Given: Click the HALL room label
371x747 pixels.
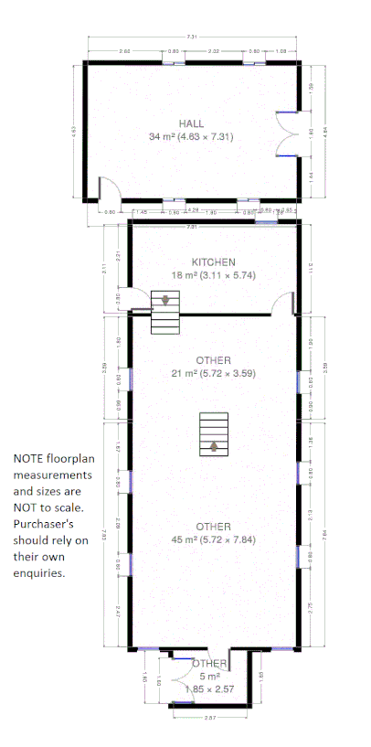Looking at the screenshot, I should pos(191,123).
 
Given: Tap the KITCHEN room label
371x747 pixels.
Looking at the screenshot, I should pos(213,262).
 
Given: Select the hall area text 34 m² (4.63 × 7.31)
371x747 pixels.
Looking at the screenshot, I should pos(191,137).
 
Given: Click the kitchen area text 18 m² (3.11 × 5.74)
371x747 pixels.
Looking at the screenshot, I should pos(213,275).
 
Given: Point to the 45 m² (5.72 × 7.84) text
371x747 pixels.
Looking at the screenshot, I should pos(213,539).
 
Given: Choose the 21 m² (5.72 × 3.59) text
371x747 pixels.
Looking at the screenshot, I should pos(213,373).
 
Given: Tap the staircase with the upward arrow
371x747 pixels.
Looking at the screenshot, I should pos(214,433).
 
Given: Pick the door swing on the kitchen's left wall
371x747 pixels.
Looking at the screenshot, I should pos(139,301).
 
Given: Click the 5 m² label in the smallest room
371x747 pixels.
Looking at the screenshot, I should pos(209,676).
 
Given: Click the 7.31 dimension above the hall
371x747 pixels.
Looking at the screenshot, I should pos(191,37).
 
